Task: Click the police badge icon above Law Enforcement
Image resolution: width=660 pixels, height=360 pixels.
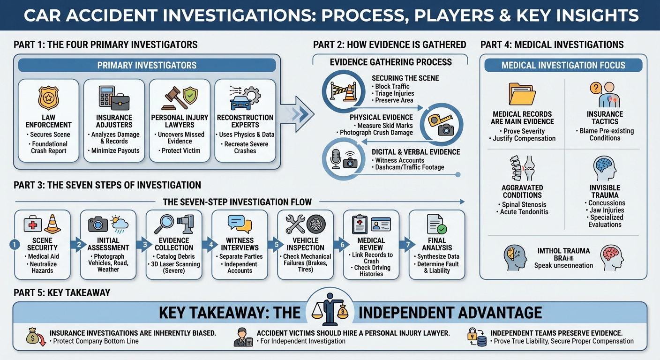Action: [48, 97]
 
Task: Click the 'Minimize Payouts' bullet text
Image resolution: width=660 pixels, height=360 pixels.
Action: [115, 150]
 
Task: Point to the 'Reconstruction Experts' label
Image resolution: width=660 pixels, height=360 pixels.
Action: [245, 121]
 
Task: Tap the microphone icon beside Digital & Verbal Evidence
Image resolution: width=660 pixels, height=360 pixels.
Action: [336, 159]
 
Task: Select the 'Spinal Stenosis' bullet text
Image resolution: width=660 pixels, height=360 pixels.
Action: [524, 204]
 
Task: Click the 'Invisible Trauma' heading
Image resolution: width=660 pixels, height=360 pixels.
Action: [605, 191]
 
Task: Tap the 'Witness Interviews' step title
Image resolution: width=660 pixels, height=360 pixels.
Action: [240, 244]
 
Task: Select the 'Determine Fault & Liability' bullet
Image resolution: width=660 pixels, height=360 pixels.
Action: [437, 267]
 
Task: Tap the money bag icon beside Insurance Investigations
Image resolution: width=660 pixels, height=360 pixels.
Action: [34, 336]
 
